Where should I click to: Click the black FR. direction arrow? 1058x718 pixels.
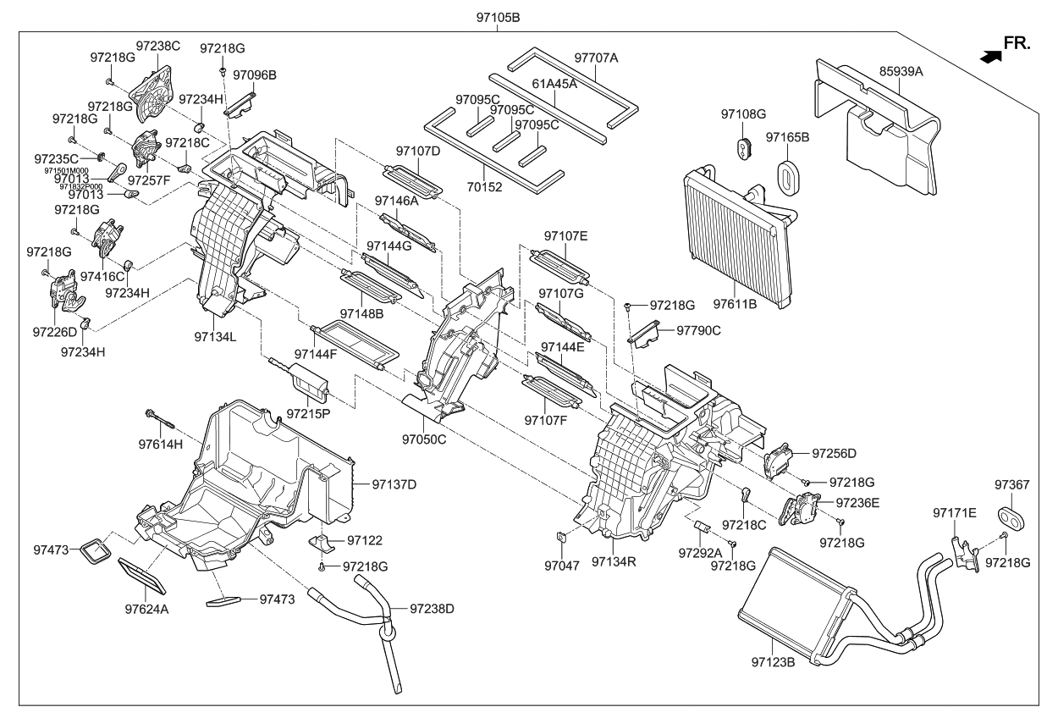[x=988, y=56]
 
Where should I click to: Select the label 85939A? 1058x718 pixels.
[x=901, y=72]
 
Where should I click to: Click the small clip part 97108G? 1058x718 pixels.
[x=743, y=146]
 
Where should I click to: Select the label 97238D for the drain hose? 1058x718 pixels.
[x=433, y=608]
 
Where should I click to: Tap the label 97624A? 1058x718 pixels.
[x=147, y=608]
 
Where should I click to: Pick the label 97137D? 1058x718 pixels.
[x=394, y=484]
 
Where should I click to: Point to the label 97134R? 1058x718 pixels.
[x=614, y=561]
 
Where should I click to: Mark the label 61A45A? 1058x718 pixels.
[x=554, y=84]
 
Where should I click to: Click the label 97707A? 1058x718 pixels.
[x=596, y=58]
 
